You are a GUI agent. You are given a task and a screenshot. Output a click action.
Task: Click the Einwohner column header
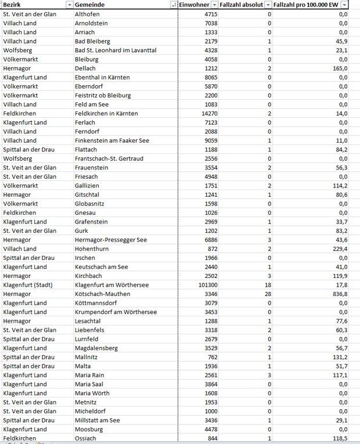coord(195,5)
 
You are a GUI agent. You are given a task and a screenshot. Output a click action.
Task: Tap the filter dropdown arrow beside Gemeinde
coord(173,5)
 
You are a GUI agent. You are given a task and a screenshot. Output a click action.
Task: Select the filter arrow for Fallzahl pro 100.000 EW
coord(344,5)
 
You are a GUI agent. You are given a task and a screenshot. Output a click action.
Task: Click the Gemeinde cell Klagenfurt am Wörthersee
coord(112,285)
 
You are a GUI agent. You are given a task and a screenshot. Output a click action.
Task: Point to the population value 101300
coord(206,285)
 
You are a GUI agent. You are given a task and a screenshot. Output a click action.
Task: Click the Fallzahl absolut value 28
coord(267,294)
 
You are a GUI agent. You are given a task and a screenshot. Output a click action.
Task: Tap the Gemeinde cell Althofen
coord(88,13)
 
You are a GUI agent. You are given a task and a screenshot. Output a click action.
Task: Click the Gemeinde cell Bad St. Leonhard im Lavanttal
coord(116,50)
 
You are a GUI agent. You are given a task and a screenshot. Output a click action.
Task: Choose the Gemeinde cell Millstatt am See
coord(98,420)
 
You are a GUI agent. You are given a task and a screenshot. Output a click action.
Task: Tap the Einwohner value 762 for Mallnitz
coord(211,357)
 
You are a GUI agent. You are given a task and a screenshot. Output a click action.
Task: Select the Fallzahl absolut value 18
coord(267,285)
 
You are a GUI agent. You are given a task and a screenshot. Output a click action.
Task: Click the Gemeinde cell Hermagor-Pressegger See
coord(111,240)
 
